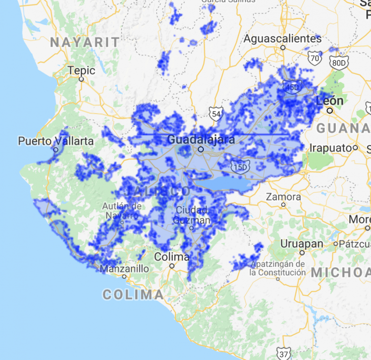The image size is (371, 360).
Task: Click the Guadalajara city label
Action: click(201, 140)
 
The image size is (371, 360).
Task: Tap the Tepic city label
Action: click(81, 71)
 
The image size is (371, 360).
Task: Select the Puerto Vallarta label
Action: click(56, 141)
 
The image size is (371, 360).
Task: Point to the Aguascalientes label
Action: click(283, 39)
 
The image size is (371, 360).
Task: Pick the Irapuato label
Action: click(331, 148)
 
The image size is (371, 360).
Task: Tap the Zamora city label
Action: click(283, 197)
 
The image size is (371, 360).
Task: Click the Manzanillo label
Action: click(124, 269)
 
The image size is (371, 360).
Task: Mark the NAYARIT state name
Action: click(85, 43)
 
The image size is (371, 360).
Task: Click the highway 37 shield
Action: click(284, 354)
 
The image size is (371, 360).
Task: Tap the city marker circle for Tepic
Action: click(82, 79)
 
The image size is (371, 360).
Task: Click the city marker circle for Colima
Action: click(171, 266)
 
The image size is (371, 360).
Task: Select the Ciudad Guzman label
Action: click(193, 216)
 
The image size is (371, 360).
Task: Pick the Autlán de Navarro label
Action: click(122, 210)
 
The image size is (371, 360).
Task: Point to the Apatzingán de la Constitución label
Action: click(278, 268)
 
